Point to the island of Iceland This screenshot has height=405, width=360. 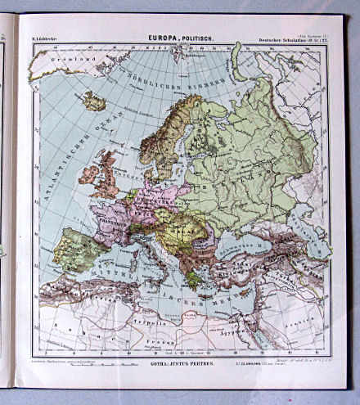tap(93, 101)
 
